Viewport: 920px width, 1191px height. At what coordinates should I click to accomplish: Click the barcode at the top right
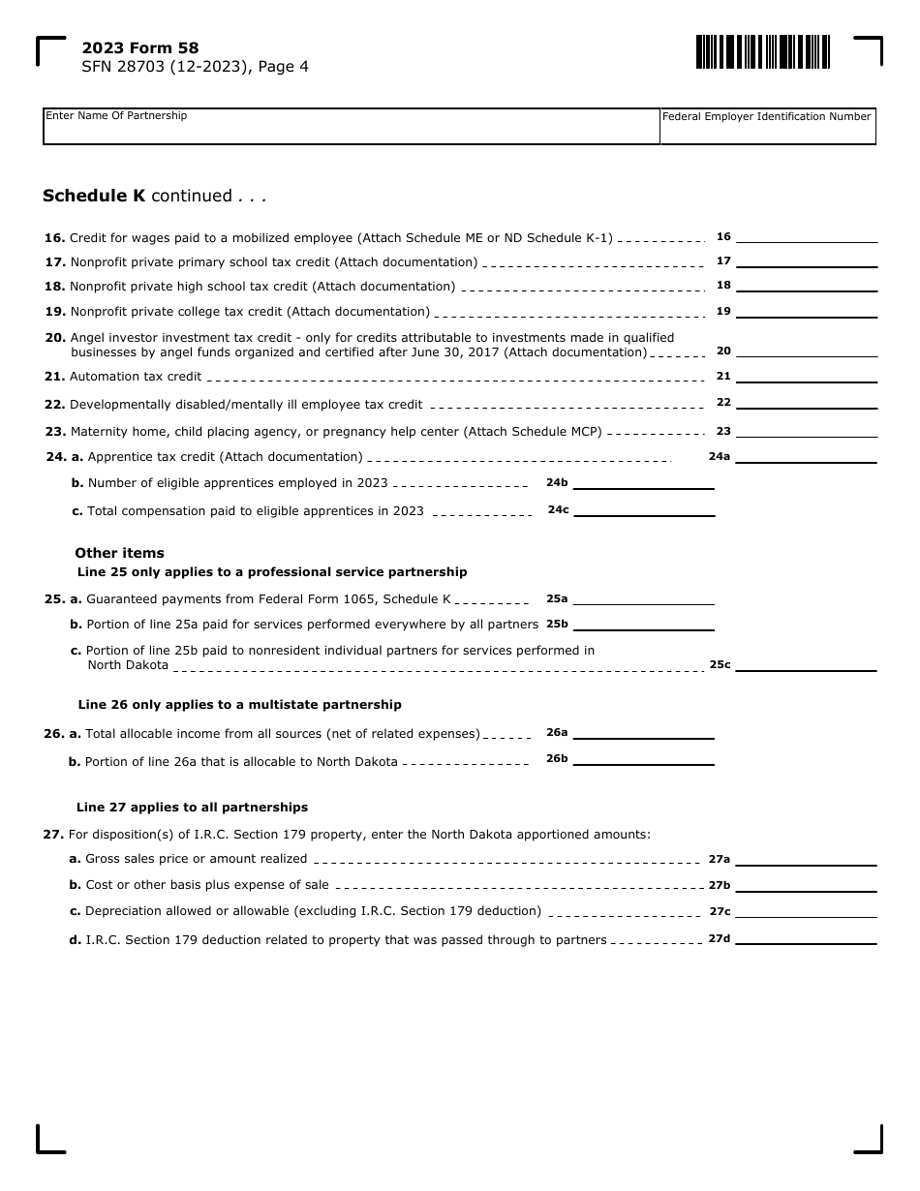tap(762, 51)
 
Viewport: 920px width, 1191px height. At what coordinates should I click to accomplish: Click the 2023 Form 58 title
tap(140, 48)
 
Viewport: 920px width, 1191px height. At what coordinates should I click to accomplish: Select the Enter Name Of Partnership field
tap(351, 127)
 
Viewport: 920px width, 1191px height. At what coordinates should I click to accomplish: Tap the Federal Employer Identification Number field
tap(767, 127)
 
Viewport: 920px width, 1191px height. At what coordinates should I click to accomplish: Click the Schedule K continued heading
tap(154, 197)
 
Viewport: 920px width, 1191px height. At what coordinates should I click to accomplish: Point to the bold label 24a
tap(719, 456)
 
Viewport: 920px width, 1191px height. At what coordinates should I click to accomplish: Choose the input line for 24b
tap(643, 482)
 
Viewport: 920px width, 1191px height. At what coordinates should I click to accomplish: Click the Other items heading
tap(119, 553)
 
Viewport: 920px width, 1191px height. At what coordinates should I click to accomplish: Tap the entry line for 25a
tap(643, 598)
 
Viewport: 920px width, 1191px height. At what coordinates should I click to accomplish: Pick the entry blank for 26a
tap(643, 733)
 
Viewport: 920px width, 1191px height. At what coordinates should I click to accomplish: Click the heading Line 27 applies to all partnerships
tap(192, 808)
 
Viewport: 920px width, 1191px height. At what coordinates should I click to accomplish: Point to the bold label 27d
tap(719, 938)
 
